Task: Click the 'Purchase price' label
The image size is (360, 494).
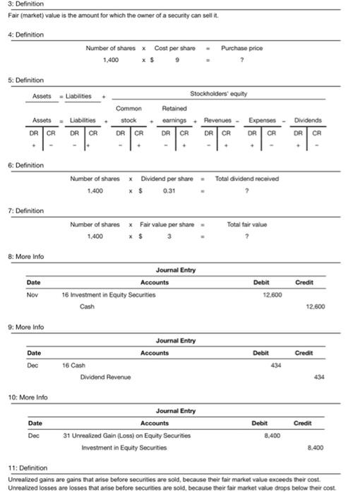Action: [x=241, y=48]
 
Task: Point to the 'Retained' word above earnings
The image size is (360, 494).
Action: [x=174, y=109]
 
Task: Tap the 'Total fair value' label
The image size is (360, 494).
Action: [x=244, y=224]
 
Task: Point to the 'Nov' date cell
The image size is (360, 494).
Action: [x=32, y=294]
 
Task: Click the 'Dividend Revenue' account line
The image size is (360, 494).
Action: [x=105, y=378]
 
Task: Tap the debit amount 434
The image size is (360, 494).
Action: [x=275, y=365]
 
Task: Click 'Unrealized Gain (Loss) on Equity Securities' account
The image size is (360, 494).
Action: [x=127, y=435]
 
